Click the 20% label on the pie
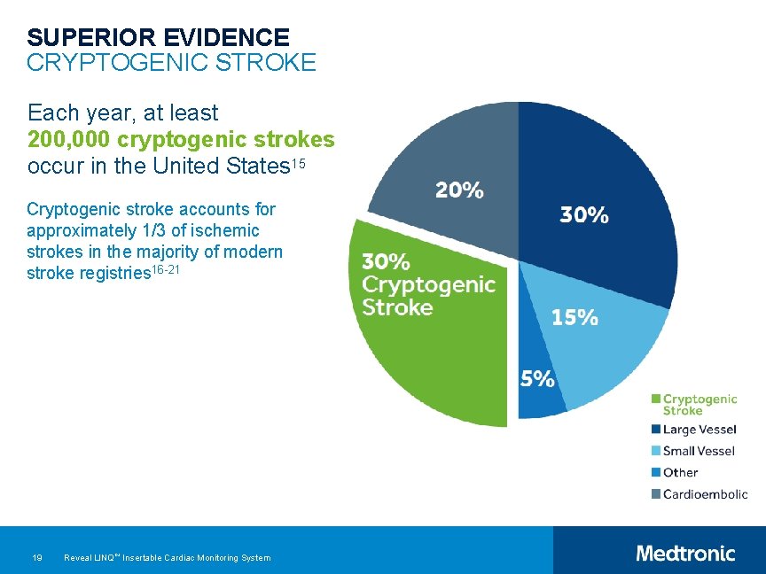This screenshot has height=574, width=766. click(x=458, y=190)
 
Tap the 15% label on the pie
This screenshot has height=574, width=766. click(x=574, y=317)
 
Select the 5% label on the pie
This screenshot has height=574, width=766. click(x=537, y=379)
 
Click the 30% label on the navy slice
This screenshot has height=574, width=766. click(x=583, y=214)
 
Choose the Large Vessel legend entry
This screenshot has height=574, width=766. click(x=699, y=430)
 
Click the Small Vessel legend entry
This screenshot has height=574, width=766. click(x=699, y=451)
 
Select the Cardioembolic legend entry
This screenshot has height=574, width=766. click(x=704, y=494)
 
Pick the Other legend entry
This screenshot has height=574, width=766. click(x=680, y=472)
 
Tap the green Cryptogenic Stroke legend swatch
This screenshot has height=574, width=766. click(x=656, y=399)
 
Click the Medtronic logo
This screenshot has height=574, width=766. click(x=685, y=554)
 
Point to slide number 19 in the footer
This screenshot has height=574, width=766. click(x=37, y=557)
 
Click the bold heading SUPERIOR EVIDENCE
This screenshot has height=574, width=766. click(x=158, y=37)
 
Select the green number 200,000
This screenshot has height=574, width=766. click(x=69, y=140)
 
